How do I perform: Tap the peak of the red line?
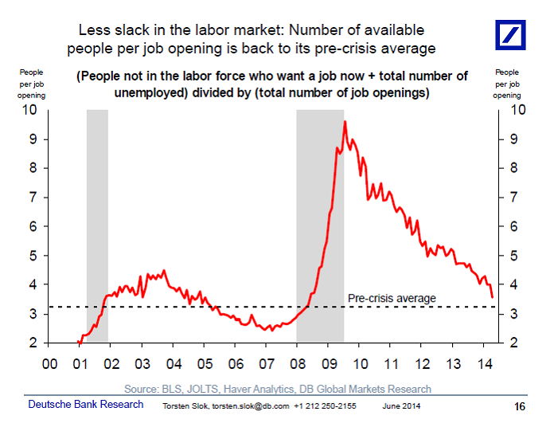[345, 121]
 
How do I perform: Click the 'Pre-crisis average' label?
[392, 298]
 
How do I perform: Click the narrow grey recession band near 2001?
[97, 226]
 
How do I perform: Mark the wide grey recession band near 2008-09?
[320, 226]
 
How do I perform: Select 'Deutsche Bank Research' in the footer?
[86, 405]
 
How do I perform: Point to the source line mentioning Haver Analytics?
[278, 389]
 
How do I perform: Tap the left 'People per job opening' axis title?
[33, 84]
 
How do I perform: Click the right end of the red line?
[492, 297]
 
